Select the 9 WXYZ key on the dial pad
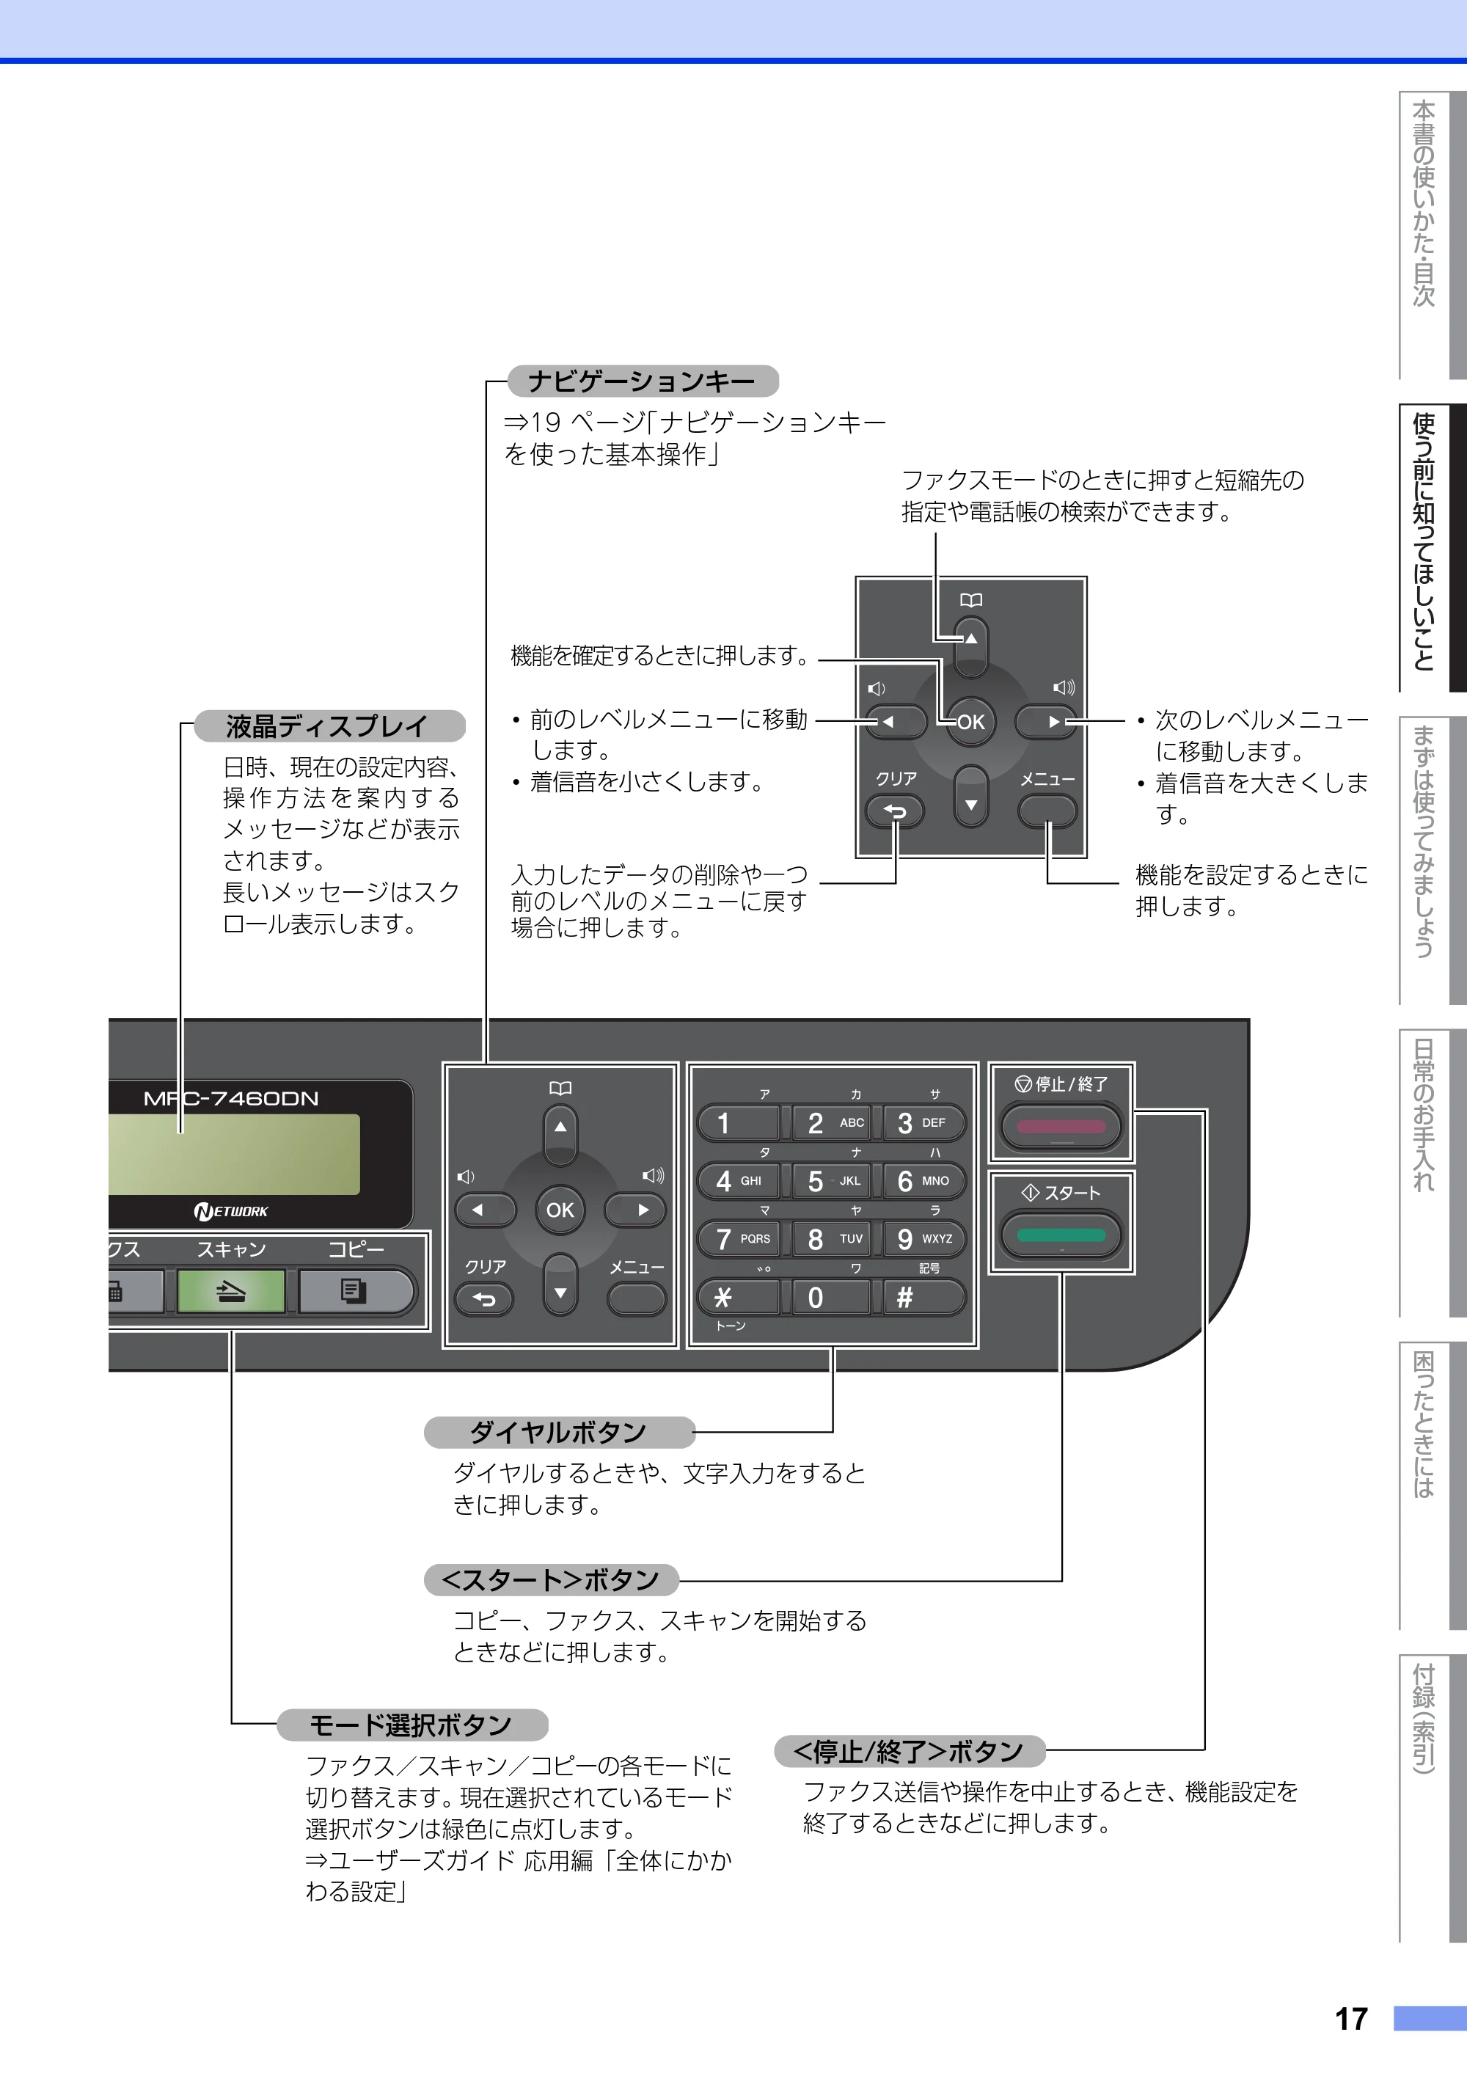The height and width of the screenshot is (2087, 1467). pos(923,1239)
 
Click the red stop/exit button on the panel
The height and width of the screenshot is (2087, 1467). pos(1061,1127)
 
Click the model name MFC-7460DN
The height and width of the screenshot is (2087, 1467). pos(231,1099)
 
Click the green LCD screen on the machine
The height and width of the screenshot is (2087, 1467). pos(233,1155)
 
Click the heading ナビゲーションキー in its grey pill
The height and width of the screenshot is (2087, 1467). pos(642,381)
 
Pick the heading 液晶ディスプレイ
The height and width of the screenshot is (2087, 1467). pos(327,726)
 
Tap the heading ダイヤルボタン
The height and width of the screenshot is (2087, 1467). pos(558,1433)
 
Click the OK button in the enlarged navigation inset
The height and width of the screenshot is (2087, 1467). pos(970,722)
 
